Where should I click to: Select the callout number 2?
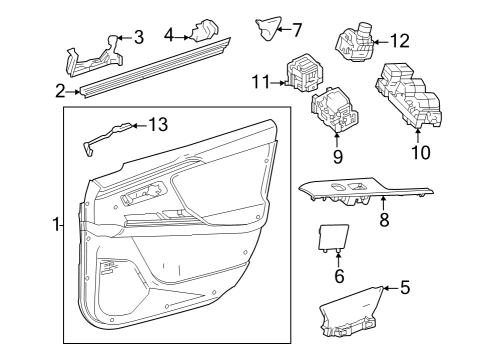61,91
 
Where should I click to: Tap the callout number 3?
138,38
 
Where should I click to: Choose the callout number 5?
404,288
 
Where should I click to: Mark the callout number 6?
338,275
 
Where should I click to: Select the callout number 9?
336,156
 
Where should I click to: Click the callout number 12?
399,41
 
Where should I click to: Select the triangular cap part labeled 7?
268,29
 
